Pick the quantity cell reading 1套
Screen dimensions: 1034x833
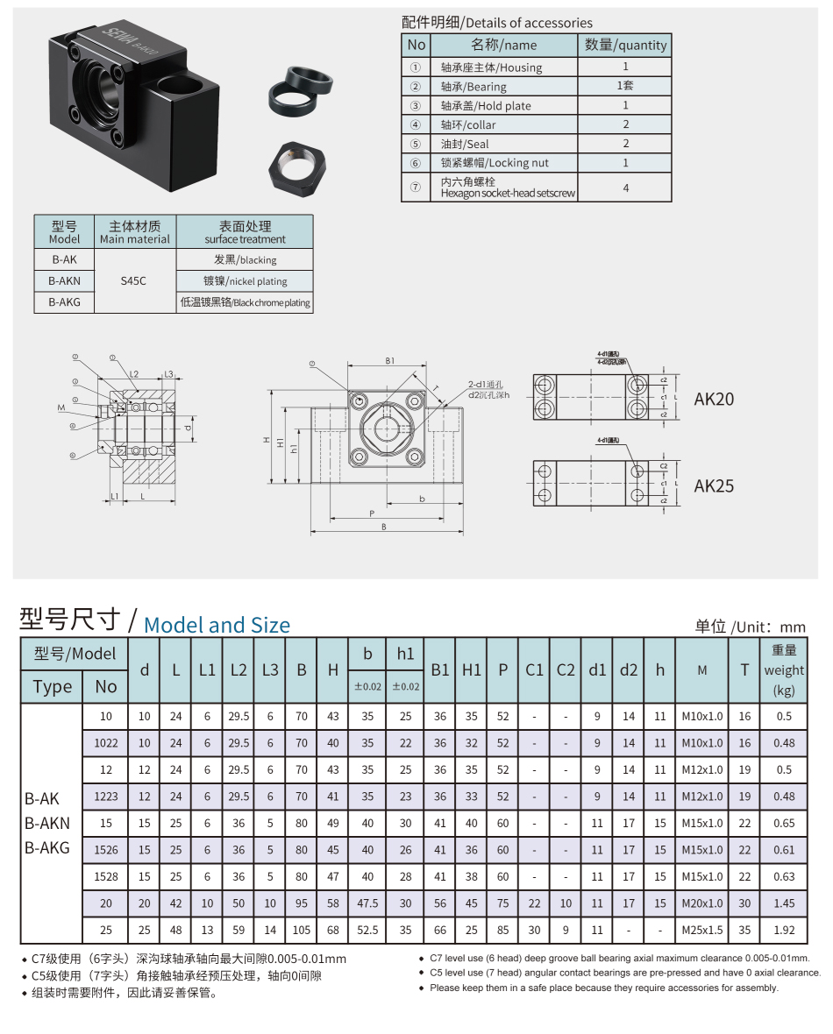click(625, 86)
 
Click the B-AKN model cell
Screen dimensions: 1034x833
click(64, 281)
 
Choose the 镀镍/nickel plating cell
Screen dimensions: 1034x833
click(245, 281)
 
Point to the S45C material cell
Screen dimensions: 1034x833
click(134, 281)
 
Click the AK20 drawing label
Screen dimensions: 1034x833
click(714, 400)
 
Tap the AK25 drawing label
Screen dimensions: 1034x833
click(714, 485)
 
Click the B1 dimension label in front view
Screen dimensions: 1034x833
click(390, 360)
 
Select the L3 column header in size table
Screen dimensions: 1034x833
click(269, 669)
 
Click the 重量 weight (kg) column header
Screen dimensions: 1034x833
click(783, 669)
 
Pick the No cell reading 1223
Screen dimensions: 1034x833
click(105, 797)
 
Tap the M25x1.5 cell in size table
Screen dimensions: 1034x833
click(702, 930)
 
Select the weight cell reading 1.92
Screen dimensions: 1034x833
click(783, 930)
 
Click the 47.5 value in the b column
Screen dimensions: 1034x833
click(367, 903)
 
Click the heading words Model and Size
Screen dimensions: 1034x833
click(217, 625)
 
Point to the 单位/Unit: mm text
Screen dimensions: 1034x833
click(750, 626)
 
